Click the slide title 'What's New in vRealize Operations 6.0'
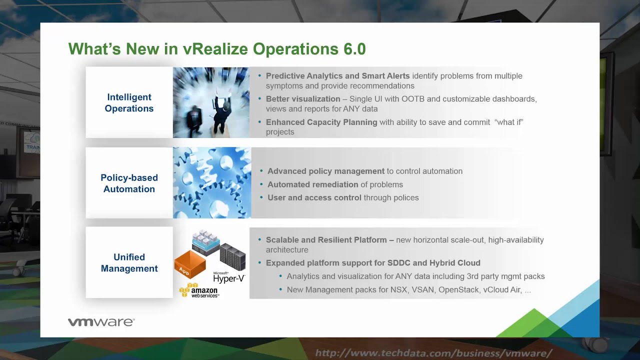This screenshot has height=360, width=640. (x=217, y=49)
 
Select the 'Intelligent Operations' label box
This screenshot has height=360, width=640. (x=129, y=102)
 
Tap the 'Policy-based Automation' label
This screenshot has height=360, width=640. (x=129, y=183)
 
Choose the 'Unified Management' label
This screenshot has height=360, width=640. (x=129, y=262)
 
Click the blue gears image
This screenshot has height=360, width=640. (x=212, y=182)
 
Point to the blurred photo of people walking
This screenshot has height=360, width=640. (x=211, y=102)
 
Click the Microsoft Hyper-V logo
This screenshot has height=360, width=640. (x=228, y=277)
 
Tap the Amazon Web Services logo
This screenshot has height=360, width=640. (x=199, y=290)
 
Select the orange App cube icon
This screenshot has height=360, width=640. (x=189, y=264)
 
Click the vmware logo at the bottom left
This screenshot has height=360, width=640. (x=101, y=322)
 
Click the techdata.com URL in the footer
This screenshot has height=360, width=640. (x=433, y=353)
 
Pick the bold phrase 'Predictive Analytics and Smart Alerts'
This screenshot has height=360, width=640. (x=337, y=76)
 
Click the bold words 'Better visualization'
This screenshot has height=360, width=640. (x=303, y=99)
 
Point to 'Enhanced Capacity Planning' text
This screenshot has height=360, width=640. (x=321, y=122)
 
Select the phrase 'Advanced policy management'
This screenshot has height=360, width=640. (x=326, y=171)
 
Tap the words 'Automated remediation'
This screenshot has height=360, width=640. (x=313, y=184)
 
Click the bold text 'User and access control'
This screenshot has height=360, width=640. (x=314, y=197)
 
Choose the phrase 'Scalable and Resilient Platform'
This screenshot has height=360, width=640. (x=326, y=240)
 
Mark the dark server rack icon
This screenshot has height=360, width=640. (x=233, y=256)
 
